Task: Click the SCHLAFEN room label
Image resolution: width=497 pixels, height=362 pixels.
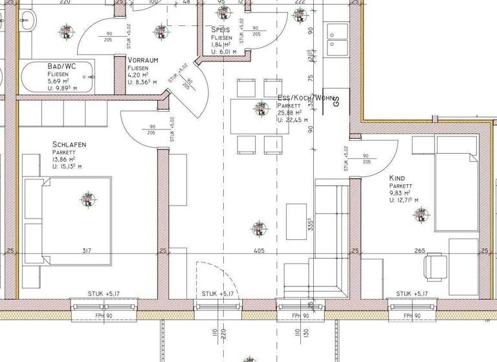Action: click(x=69, y=144)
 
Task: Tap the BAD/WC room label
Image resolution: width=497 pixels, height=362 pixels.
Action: click(x=61, y=67)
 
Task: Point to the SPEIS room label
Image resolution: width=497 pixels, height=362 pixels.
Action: click(x=221, y=30)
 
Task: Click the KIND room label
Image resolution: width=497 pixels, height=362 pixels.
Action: click(x=397, y=178)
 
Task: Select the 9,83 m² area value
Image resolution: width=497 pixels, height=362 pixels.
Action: click(x=401, y=193)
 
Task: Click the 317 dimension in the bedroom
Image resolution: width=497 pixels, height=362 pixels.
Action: click(x=88, y=251)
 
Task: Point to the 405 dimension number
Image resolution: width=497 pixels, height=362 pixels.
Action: click(x=258, y=251)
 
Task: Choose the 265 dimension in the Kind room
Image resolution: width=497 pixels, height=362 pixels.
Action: click(x=419, y=251)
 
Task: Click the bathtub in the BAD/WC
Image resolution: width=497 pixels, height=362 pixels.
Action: click(x=58, y=80)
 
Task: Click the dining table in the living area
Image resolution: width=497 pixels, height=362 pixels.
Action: click(x=260, y=116)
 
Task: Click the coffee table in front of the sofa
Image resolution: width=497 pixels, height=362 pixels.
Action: click(x=296, y=222)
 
